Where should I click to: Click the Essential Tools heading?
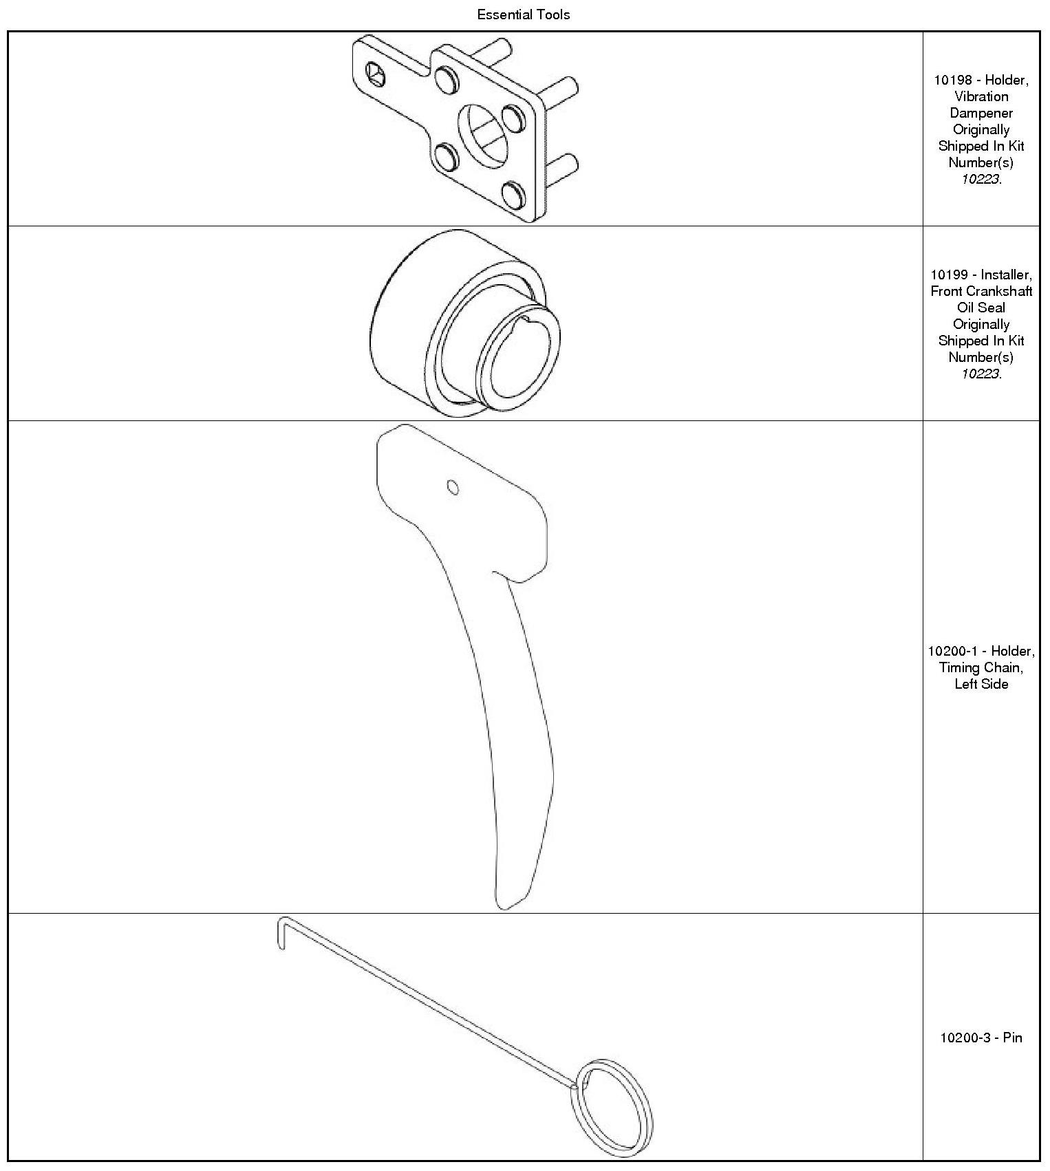(524, 14)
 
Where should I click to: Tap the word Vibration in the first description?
(981, 96)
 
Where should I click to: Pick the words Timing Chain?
(981, 667)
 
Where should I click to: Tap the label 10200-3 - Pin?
(981, 1038)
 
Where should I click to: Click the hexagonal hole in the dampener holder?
(374, 73)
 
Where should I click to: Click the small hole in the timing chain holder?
(453, 487)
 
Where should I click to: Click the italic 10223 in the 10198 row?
(981, 179)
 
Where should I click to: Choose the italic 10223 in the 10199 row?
(981, 374)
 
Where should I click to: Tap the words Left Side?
(981, 684)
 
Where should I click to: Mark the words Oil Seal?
(981, 308)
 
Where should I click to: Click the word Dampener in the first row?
(981, 113)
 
